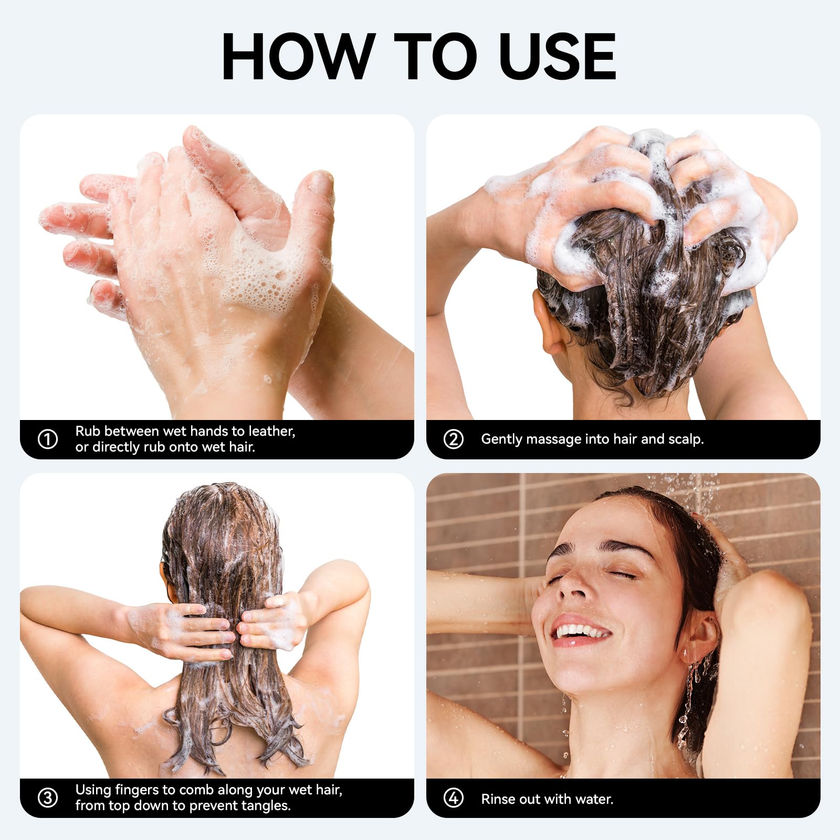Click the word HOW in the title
299,56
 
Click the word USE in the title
558,56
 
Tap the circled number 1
48,439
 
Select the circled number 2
454,439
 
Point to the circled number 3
48,798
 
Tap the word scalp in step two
685,439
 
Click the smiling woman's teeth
581,631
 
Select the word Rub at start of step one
88,431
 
